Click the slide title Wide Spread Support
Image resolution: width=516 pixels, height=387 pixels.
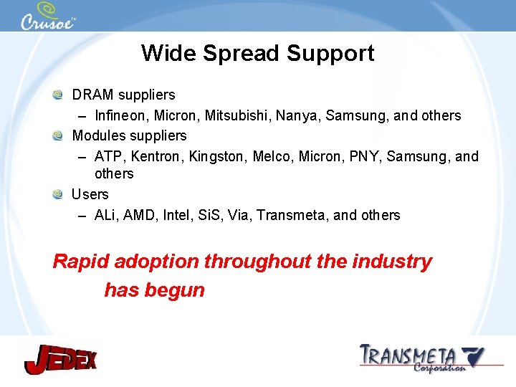[257, 53]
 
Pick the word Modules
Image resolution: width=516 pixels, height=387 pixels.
[96, 135]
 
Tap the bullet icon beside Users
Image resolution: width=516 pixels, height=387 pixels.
[57, 194]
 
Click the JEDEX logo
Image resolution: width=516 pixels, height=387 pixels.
[60, 358]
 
